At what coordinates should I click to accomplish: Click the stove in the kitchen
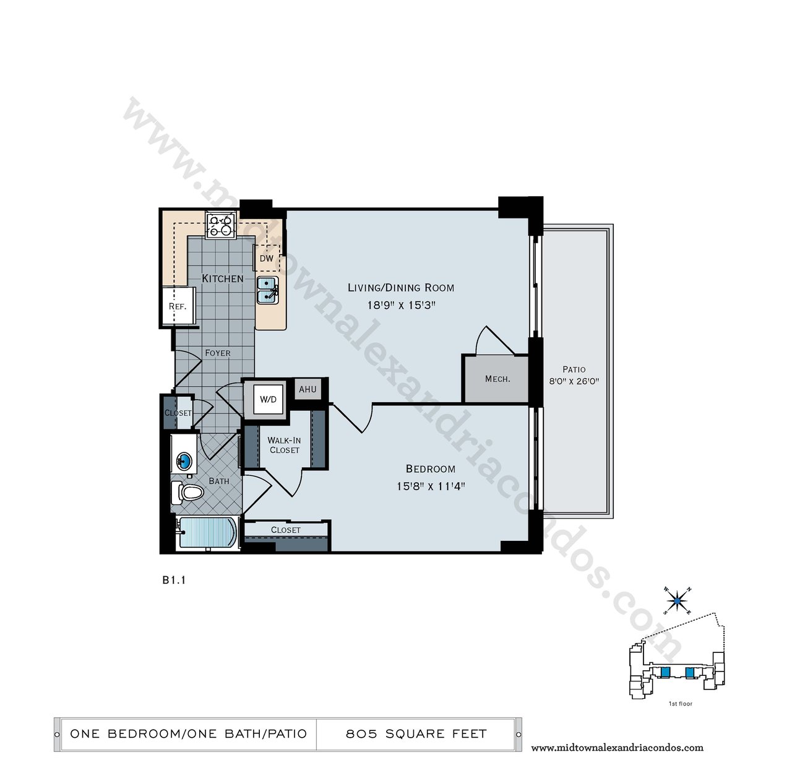[x=221, y=225]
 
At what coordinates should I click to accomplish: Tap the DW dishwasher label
[x=267, y=258]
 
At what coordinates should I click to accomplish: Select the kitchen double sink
[x=267, y=290]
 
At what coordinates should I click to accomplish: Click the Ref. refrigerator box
[x=178, y=306]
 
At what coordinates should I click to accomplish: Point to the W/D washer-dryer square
[x=268, y=399]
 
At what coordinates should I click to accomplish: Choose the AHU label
[x=308, y=389]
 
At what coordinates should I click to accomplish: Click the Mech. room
[x=495, y=379]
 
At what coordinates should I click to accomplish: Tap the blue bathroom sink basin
[x=184, y=461]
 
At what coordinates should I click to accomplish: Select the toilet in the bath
[x=187, y=492]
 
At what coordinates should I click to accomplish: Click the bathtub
[x=207, y=532]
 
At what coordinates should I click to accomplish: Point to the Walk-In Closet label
[x=284, y=445]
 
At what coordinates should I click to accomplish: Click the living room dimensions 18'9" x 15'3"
[x=402, y=305]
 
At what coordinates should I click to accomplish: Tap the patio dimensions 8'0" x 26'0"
[x=574, y=381]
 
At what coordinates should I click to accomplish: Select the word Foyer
[x=218, y=353]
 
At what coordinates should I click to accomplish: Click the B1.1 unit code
[x=174, y=580]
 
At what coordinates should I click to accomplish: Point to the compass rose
[x=677, y=601]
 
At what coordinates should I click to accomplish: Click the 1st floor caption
[x=681, y=704]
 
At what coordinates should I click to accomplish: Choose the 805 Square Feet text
[x=416, y=733]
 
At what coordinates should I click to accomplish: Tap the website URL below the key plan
[x=617, y=748]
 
